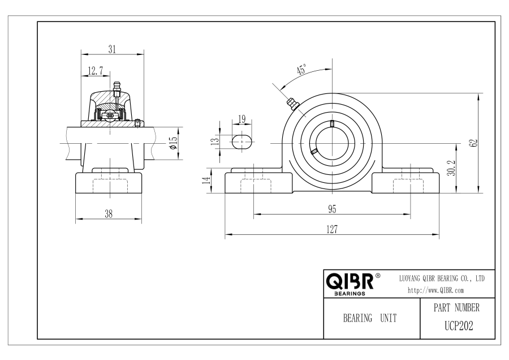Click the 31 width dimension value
pyautogui.click(x=112, y=49)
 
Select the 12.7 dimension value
pyautogui.click(x=96, y=71)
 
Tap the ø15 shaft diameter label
pyautogui.click(x=174, y=143)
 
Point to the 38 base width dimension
pyautogui.click(x=109, y=214)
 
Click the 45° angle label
pyautogui.click(x=301, y=70)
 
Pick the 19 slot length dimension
pyautogui.click(x=242, y=119)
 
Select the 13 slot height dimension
pyautogui.click(x=215, y=142)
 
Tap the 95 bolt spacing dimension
pyautogui.click(x=332, y=209)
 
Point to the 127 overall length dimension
pyautogui.click(x=332, y=229)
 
